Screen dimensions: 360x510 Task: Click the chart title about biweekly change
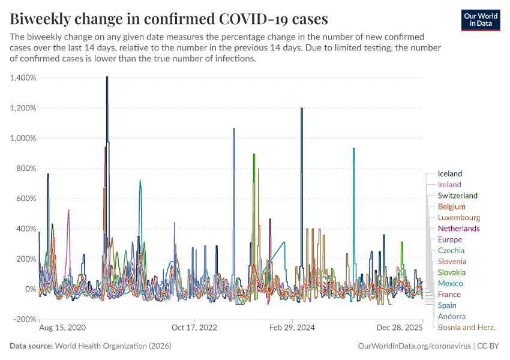(169, 19)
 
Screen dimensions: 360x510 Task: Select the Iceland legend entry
(450, 174)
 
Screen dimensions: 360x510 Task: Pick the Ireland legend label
(449, 185)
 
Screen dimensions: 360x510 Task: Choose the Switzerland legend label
(458, 196)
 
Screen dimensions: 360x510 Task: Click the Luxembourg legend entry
(459, 218)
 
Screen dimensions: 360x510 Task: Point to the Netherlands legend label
(459, 229)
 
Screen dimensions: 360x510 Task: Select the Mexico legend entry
(450, 284)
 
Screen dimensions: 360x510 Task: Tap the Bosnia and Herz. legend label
(466, 328)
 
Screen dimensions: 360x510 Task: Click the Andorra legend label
(452, 317)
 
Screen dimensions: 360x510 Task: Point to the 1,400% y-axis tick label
(23, 78)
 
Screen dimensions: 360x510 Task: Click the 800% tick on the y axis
(26, 169)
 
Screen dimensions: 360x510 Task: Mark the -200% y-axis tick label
(25, 319)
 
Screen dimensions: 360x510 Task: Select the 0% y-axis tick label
(30, 289)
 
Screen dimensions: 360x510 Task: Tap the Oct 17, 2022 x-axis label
(194, 328)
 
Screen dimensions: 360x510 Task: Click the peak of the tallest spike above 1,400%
(107, 77)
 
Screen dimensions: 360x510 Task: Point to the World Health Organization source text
(113, 346)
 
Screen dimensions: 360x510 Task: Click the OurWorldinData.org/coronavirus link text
(413, 346)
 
